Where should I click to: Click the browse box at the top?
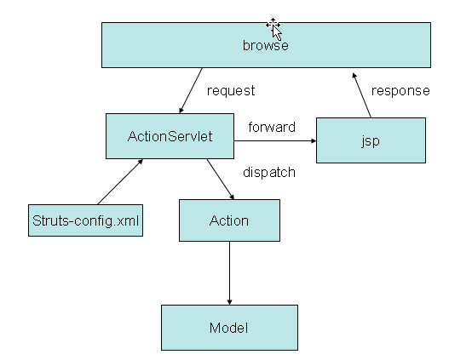click(266, 45)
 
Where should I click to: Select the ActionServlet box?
click(170, 136)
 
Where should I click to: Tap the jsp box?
click(371, 140)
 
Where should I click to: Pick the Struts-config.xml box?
click(85, 220)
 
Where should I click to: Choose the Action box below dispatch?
click(229, 220)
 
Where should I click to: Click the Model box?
click(229, 328)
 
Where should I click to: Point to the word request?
click(231, 91)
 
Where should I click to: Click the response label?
click(400, 91)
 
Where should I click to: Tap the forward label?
click(272, 128)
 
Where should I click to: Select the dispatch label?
click(269, 173)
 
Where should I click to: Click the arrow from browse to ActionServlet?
click(191, 91)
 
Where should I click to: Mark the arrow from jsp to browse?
click(362, 95)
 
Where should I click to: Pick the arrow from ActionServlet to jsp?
click(275, 140)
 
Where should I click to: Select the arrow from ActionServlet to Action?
click(221, 180)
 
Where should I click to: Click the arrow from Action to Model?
click(229, 273)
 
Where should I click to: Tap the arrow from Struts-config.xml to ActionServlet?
click(120, 182)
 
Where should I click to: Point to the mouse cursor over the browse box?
click(274, 29)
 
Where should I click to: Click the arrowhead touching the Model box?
click(229, 302)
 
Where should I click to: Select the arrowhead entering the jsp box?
click(314, 140)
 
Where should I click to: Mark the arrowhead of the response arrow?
click(354, 76)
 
